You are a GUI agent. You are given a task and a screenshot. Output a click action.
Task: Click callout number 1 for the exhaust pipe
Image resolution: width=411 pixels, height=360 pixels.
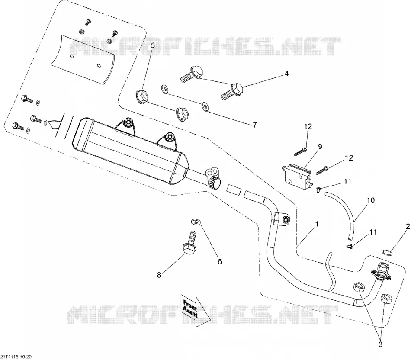[x=317, y=224]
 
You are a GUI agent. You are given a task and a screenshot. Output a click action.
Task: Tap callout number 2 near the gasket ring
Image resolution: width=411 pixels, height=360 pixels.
[x=408, y=226]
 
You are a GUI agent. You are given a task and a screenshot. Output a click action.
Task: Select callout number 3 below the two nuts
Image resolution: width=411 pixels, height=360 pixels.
[x=381, y=344]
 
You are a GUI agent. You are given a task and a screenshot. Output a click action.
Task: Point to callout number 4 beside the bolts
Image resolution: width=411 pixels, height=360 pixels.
[x=286, y=74]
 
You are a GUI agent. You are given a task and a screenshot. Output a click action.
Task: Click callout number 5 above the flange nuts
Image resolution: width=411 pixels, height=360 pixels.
[x=153, y=45]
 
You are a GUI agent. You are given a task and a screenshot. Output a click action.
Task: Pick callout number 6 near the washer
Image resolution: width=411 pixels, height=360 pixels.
[x=220, y=261]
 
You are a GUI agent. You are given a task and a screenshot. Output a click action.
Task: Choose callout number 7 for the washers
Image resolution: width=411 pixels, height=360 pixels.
[x=255, y=125]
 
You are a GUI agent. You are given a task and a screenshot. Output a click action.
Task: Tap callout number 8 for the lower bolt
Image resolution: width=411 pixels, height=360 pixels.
[x=159, y=275]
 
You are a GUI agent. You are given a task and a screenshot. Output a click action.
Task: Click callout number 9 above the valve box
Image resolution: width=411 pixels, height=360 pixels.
[x=320, y=147]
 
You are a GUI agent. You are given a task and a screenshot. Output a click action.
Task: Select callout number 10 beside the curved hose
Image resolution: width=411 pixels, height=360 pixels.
[x=371, y=200]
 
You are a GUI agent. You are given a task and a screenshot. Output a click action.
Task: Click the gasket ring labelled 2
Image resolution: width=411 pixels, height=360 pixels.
[x=387, y=253]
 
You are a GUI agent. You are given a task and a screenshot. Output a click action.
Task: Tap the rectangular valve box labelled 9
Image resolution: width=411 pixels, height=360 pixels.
[x=297, y=174]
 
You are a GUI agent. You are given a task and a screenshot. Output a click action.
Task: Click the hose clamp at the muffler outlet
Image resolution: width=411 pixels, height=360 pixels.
[x=215, y=182]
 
